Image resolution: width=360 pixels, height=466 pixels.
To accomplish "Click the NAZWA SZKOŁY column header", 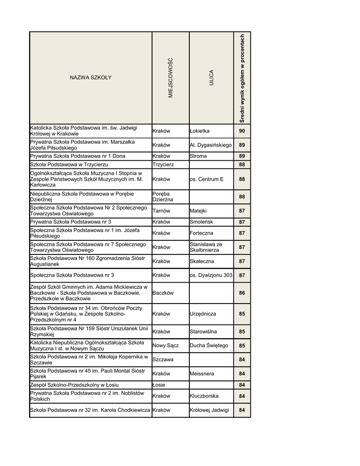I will point(90,77).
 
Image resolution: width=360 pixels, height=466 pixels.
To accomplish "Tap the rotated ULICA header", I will point(211,77).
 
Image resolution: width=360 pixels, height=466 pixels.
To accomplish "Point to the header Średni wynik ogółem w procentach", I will point(242,78).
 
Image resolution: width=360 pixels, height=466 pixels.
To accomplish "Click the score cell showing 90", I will point(242,131).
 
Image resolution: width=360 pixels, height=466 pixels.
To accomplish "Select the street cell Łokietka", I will point(200,131).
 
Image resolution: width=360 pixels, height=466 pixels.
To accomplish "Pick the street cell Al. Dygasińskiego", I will point(211,145).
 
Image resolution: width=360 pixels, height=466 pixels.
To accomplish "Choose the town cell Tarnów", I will point(162,211).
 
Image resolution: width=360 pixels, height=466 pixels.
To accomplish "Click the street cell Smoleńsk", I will point(201,222).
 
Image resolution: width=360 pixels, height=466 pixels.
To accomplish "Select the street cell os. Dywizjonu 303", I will point(211,275).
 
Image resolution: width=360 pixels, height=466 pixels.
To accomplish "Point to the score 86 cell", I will point(242,293).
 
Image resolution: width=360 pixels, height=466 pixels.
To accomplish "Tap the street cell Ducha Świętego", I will point(209,345).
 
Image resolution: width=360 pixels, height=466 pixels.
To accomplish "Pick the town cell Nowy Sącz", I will point(166,345).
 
